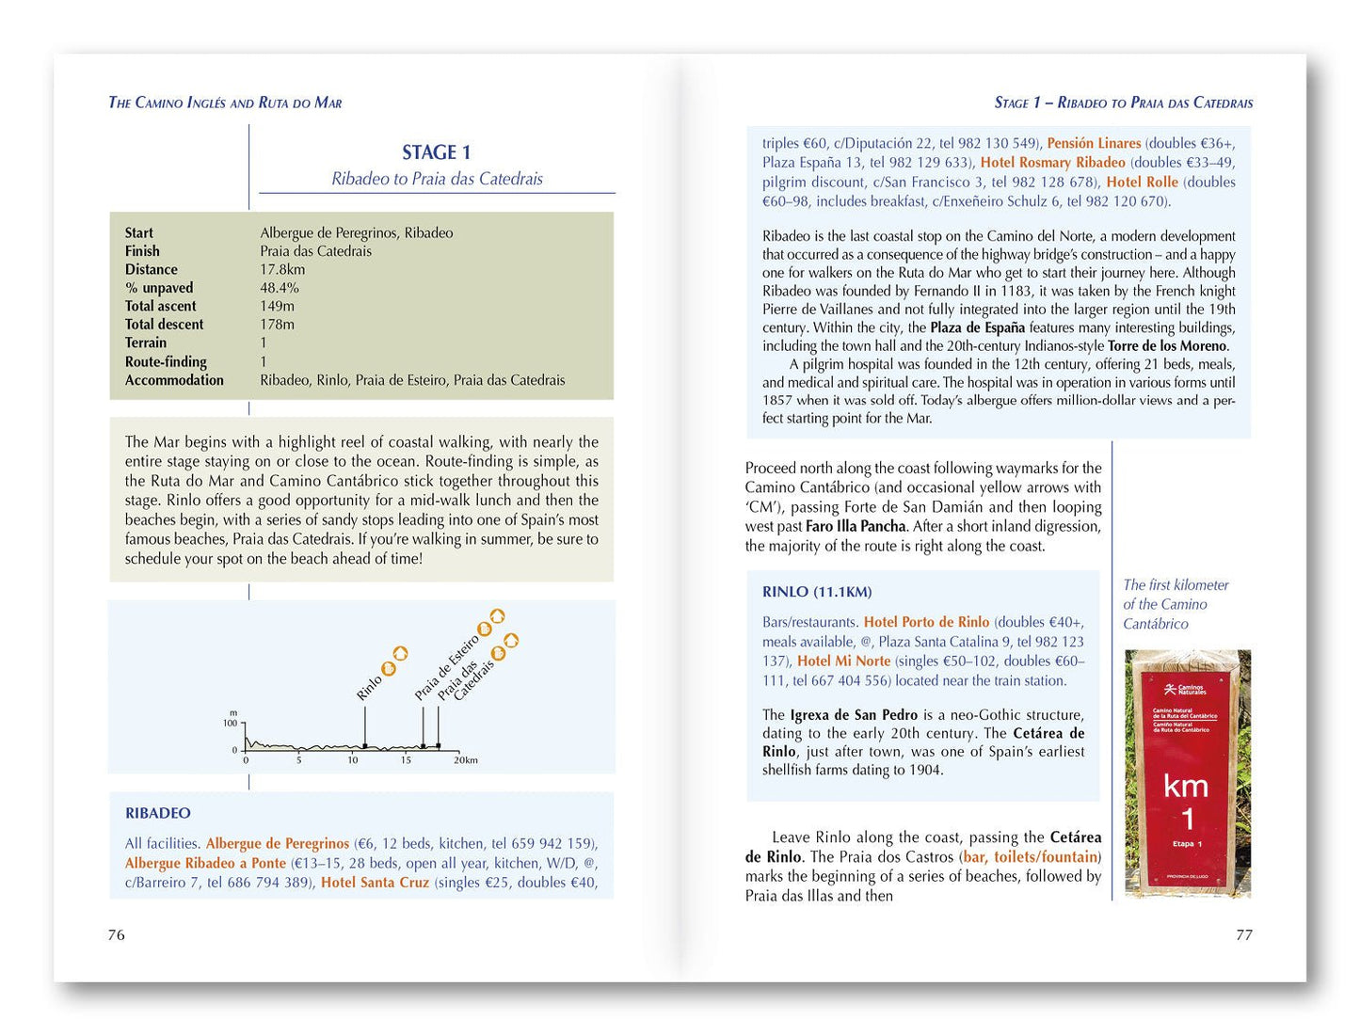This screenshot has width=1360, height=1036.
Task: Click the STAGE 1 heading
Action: pos(436,152)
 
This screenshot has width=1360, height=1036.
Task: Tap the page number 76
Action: pos(117,934)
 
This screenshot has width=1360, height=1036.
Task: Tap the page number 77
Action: pos(1243,934)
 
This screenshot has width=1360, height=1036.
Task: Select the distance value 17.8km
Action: pos(282,269)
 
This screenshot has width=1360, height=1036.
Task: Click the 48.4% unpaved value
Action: pos(280,288)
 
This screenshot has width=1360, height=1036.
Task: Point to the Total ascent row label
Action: pos(161,306)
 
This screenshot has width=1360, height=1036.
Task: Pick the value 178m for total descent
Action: pos(277,325)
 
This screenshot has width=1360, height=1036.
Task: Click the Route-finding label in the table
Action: pos(166,361)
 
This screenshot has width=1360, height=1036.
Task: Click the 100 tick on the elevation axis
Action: pos(230,724)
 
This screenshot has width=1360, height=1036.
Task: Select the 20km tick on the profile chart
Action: pos(466,760)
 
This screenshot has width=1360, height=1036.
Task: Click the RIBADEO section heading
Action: pos(158,813)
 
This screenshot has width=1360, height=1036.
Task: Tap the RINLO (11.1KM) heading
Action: pos(817,592)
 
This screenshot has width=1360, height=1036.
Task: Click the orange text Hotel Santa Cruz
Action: pos(375,883)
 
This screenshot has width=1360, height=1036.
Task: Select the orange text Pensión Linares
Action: pos(1094,143)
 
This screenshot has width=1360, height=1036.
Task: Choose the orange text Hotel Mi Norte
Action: pos(843,661)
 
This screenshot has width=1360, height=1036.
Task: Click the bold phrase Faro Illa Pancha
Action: pos(856,526)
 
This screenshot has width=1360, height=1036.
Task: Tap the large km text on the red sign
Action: pos(1186,786)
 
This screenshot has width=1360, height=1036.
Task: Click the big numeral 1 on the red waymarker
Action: pos(1188,819)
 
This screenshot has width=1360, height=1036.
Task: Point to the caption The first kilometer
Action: pos(1176,585)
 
